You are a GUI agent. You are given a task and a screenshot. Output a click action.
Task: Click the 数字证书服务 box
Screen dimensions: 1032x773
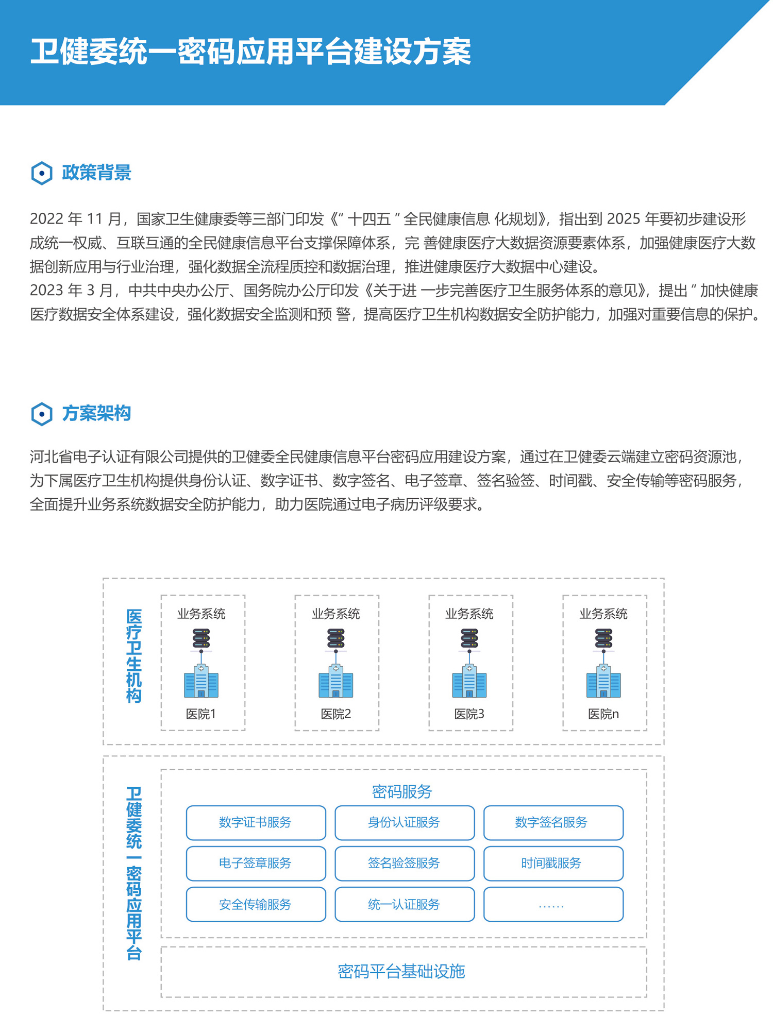click(256, 822)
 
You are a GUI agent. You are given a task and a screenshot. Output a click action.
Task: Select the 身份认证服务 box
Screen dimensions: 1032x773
click(404, 822)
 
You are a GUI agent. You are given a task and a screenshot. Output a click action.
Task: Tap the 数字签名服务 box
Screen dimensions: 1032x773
click(553, 822)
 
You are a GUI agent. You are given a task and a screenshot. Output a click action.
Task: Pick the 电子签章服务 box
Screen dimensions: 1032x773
click(256, 863)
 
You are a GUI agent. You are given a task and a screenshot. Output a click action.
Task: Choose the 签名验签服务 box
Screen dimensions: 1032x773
click(404, 863)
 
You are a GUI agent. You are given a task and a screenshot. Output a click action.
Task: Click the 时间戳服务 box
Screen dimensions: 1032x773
click(553, 863)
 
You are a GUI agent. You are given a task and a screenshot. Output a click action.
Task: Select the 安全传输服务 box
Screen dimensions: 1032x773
click(256, 904)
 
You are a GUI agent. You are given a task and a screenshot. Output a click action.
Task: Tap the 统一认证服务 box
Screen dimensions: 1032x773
click(404, 904)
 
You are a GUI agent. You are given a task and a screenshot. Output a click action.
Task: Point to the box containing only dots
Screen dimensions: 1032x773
click(553, 904)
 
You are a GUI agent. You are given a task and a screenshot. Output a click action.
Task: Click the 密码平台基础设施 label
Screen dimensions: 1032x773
click(401, 972)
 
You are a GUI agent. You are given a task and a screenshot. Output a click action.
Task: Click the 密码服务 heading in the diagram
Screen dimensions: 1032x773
click(402, 791)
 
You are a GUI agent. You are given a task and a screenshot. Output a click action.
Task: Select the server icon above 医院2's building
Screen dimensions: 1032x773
click(336, 638)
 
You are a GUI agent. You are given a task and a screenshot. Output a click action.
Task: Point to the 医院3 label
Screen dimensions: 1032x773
click(469, 714)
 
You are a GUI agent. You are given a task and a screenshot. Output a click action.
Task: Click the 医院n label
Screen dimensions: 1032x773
click(603, 714)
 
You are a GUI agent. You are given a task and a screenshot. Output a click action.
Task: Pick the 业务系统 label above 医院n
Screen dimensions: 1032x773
click(603, 614)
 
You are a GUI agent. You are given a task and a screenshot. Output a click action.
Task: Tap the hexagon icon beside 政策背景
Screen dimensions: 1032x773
click(42, 173)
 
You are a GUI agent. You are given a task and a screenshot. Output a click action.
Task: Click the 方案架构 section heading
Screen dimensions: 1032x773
click(96, 413)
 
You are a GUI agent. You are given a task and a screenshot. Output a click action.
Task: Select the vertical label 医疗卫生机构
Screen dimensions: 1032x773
click(134, 656)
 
